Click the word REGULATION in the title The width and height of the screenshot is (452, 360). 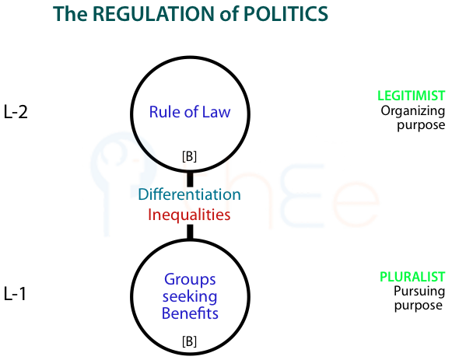click(154, 14)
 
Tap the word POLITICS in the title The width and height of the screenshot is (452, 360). click(286, 14)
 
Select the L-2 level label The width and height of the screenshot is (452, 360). click(16, 112)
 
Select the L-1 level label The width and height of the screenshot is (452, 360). click(15, 294)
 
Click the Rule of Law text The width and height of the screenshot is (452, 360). click(190, 112)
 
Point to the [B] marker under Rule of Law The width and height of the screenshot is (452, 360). click(189, 156)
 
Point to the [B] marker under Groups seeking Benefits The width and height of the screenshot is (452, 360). click(189, 341)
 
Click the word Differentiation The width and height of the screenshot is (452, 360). click(189, 194)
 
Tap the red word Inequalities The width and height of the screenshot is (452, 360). click(189, 215)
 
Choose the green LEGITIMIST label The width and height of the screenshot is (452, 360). click(412, 96)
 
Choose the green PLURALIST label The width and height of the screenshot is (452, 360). click(412, 277)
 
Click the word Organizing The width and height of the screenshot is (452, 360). click(413, 111)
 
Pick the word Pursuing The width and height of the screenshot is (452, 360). click(419, 292)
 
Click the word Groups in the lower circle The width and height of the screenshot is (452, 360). click(190, 280)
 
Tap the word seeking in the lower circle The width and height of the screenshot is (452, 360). click(190, 297)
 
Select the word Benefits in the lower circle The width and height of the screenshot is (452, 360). click(190, 313)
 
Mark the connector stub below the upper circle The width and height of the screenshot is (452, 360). click(190, 180)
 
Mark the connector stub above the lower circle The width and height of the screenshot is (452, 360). click(190, 232)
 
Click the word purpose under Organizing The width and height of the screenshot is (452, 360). click(421, 126)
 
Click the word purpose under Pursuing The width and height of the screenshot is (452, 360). click(419, 306)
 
